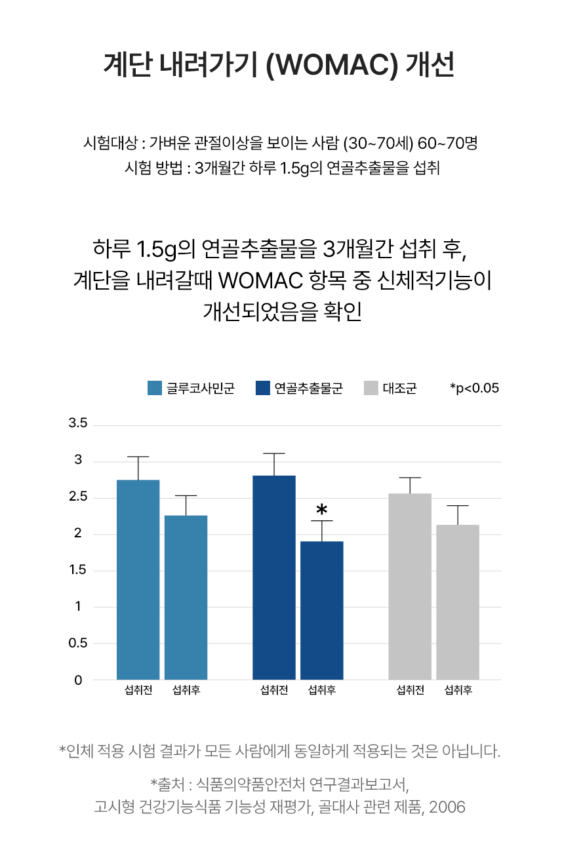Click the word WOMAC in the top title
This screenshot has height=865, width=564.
tap(334, 66)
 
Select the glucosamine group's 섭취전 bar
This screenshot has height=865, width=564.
tap(138, 580)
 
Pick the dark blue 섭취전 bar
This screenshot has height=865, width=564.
tap(274, 577)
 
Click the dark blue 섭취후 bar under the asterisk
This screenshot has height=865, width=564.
tap(321, 610)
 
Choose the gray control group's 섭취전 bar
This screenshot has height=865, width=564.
tap(410, 586)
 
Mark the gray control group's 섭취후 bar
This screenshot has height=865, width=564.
tap(458, 602)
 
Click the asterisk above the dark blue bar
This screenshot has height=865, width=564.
tap(321, 510)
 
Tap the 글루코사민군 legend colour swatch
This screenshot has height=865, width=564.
tap(155, 388)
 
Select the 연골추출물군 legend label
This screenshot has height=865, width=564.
tap(309, 388)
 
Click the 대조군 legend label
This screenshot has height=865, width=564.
tap(399, 388)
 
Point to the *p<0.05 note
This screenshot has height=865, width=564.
tap(474, 388)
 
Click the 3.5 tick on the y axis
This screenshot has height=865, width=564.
tap(78, 424)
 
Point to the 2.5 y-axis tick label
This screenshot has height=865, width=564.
tap(78, 497)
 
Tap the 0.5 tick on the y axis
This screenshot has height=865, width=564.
tap(78, 644)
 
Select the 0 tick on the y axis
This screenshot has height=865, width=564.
tap(78, 680)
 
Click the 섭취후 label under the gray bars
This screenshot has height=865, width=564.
tap(458, 690)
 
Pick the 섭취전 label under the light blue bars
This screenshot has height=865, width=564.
tap(138, 690)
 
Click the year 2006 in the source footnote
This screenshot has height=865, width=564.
tap(448, 807)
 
